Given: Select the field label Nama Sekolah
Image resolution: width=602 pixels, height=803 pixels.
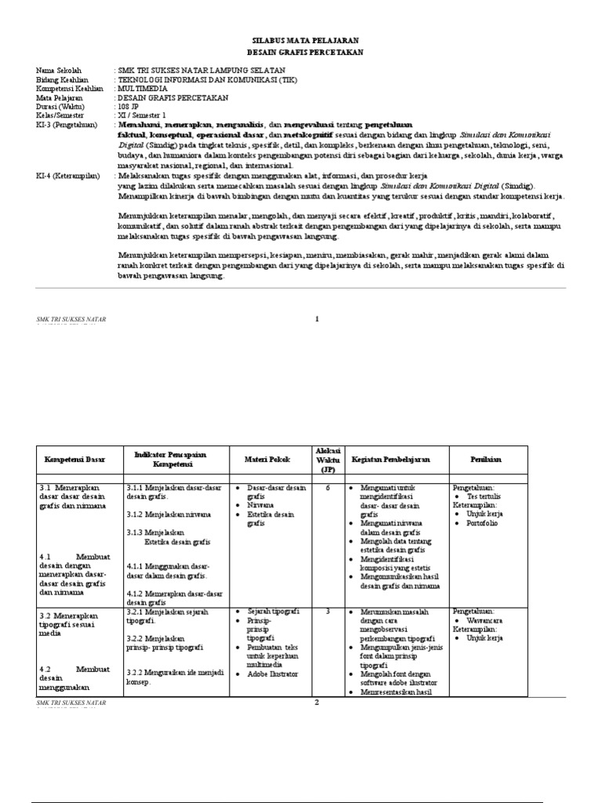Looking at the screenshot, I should click(x=59, y=71).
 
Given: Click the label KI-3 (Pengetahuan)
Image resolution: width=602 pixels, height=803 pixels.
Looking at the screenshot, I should click(x=66, y=125).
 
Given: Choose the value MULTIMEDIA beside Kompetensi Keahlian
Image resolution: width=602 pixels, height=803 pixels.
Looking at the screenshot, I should click(x=142, y=89).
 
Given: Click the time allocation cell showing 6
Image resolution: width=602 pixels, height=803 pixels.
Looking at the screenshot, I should click(x=328, y=487).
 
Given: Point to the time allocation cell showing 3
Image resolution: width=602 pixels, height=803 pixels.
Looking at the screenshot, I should click(x=328, y=611).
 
